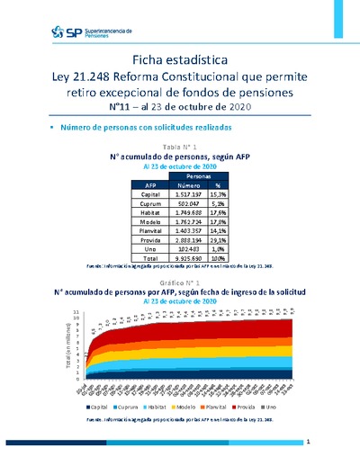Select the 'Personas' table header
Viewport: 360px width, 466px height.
click(x=205, y=177)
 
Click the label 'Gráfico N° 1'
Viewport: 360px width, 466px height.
click(x=179, y=282)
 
